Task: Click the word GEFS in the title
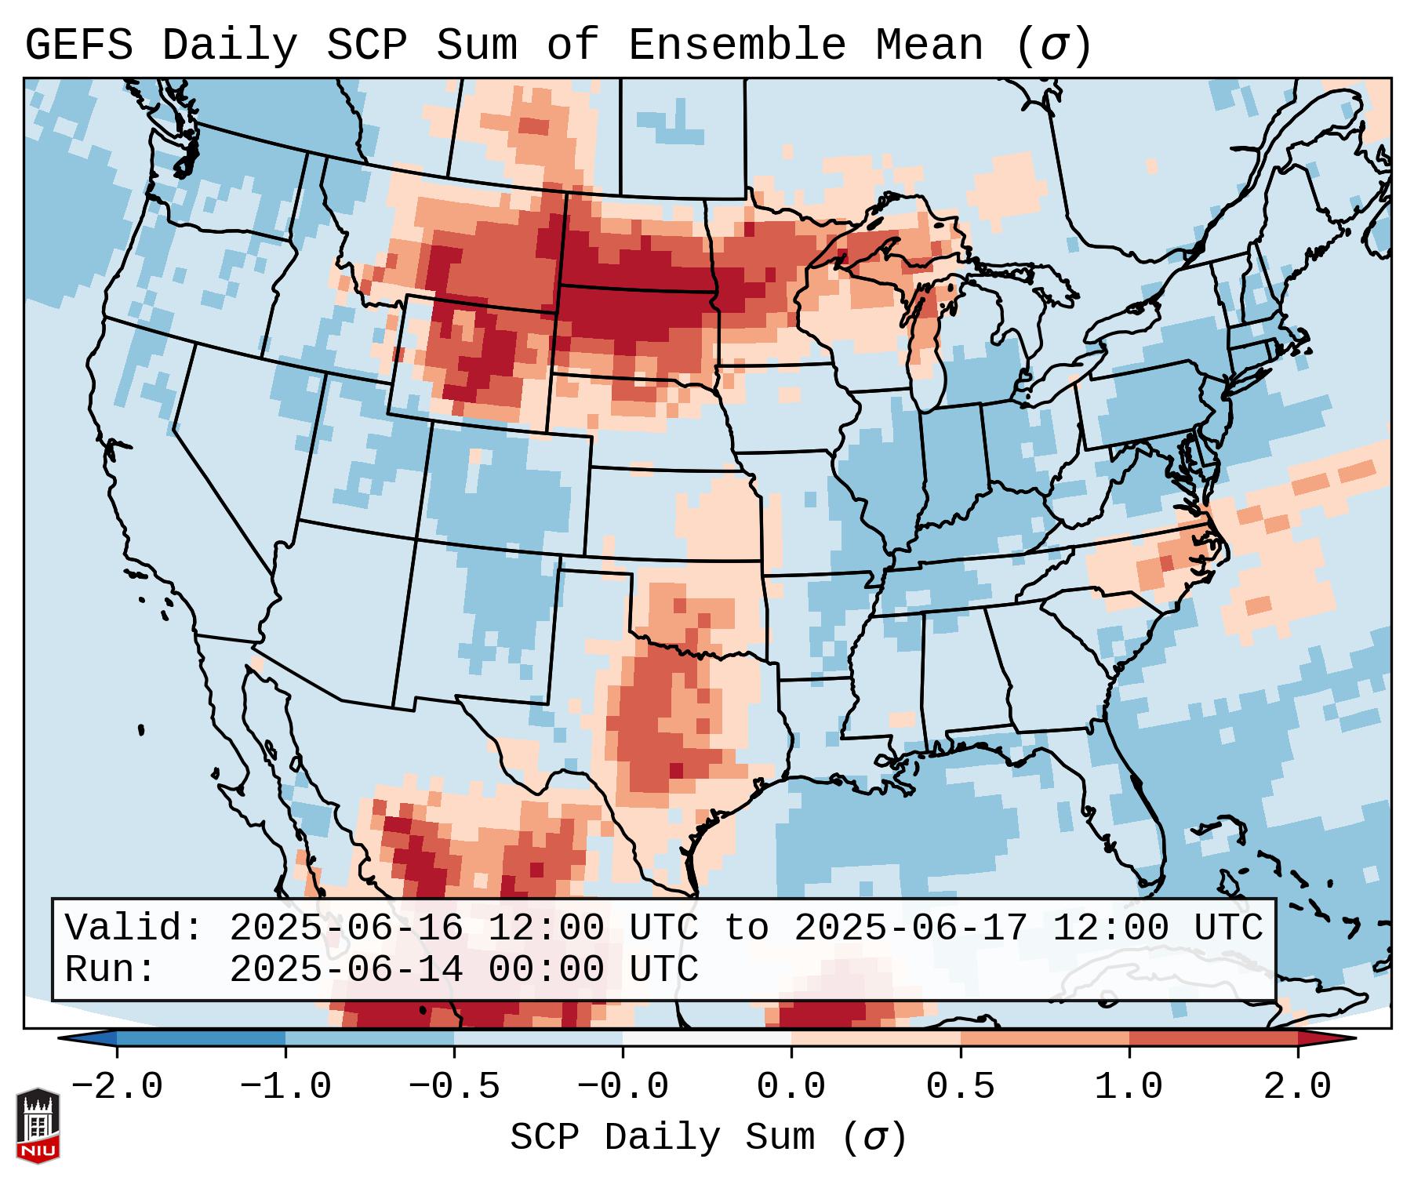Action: (78, 45)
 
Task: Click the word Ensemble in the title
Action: (737, 45)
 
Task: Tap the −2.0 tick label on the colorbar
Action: (117, 1087)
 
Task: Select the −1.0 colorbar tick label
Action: (285, 1087)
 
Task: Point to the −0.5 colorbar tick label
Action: (454, 1087)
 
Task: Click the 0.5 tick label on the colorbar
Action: (960, 1087)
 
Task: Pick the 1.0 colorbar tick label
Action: (1129, 1087)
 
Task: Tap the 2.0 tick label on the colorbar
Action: (1297, 1087)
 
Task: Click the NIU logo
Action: (38, 1125)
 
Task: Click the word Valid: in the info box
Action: (134, 928)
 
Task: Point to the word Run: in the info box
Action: (110, 970)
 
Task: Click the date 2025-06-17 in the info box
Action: (911, 928)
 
